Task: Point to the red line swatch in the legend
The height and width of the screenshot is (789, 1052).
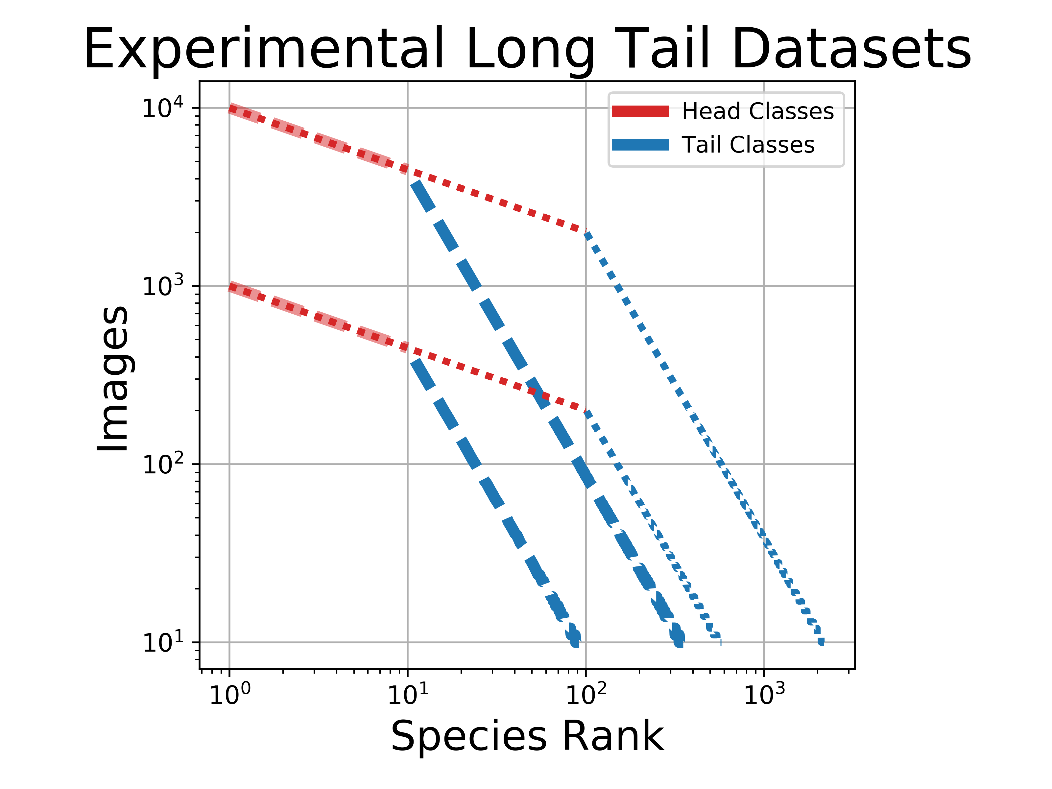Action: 640,111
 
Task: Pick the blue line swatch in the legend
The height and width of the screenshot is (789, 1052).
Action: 640,145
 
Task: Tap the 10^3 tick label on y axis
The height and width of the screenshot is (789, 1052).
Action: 162,287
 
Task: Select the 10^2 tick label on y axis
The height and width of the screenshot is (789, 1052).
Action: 162,465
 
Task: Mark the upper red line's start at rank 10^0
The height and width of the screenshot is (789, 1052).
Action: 230,108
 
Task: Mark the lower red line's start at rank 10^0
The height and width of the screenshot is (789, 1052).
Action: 230,287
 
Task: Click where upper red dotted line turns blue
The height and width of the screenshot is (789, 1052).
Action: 586,232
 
